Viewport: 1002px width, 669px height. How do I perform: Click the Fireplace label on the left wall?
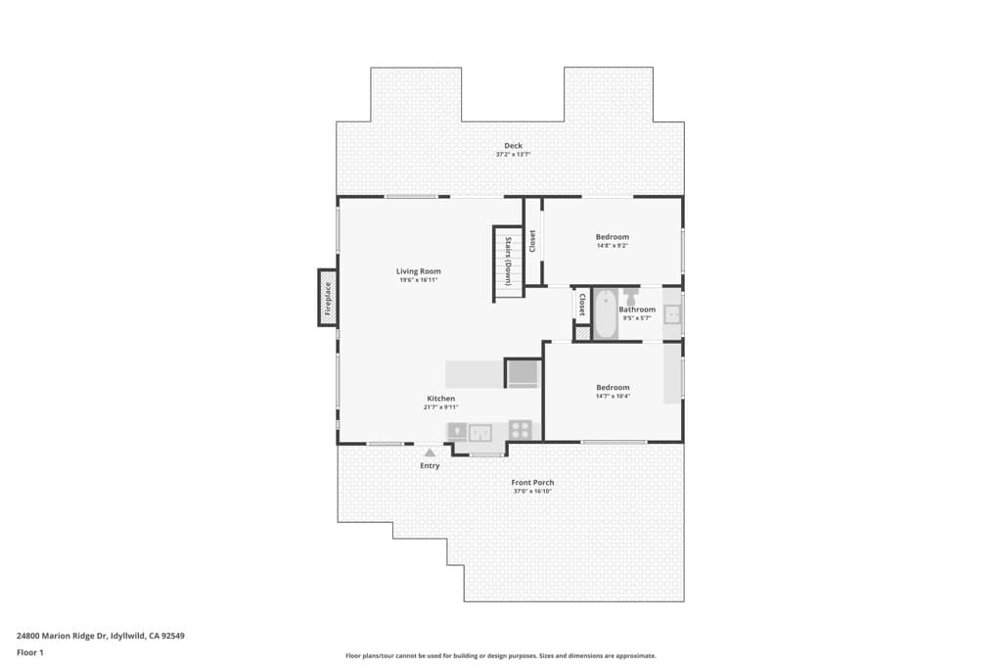[328, 297]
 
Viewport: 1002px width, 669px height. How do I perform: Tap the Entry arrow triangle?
[430, 452]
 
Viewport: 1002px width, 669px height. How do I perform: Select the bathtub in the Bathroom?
[606, 313]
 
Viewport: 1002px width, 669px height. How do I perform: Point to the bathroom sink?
[672, 314]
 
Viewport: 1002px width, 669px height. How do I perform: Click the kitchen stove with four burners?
[521, 429]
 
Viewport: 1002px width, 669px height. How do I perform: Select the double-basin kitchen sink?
[479, 431]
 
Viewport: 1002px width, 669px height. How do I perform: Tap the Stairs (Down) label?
[508, 261]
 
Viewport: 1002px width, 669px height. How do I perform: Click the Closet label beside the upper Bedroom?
[532, 241]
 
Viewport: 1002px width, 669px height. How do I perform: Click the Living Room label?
[418, 271]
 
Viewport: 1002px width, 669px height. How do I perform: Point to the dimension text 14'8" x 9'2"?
[612, 246]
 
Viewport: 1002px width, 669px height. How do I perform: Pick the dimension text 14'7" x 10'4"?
[613, 396]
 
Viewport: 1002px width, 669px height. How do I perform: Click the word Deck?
[513, 146]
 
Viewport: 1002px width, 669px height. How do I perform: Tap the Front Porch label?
[532, 482]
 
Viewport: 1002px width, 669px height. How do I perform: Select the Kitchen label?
[440, 399]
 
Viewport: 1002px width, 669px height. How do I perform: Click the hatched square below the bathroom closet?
[582, 333]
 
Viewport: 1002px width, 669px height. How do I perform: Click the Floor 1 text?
[30, 651]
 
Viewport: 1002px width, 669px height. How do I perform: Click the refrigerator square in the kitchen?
[522, 373]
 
